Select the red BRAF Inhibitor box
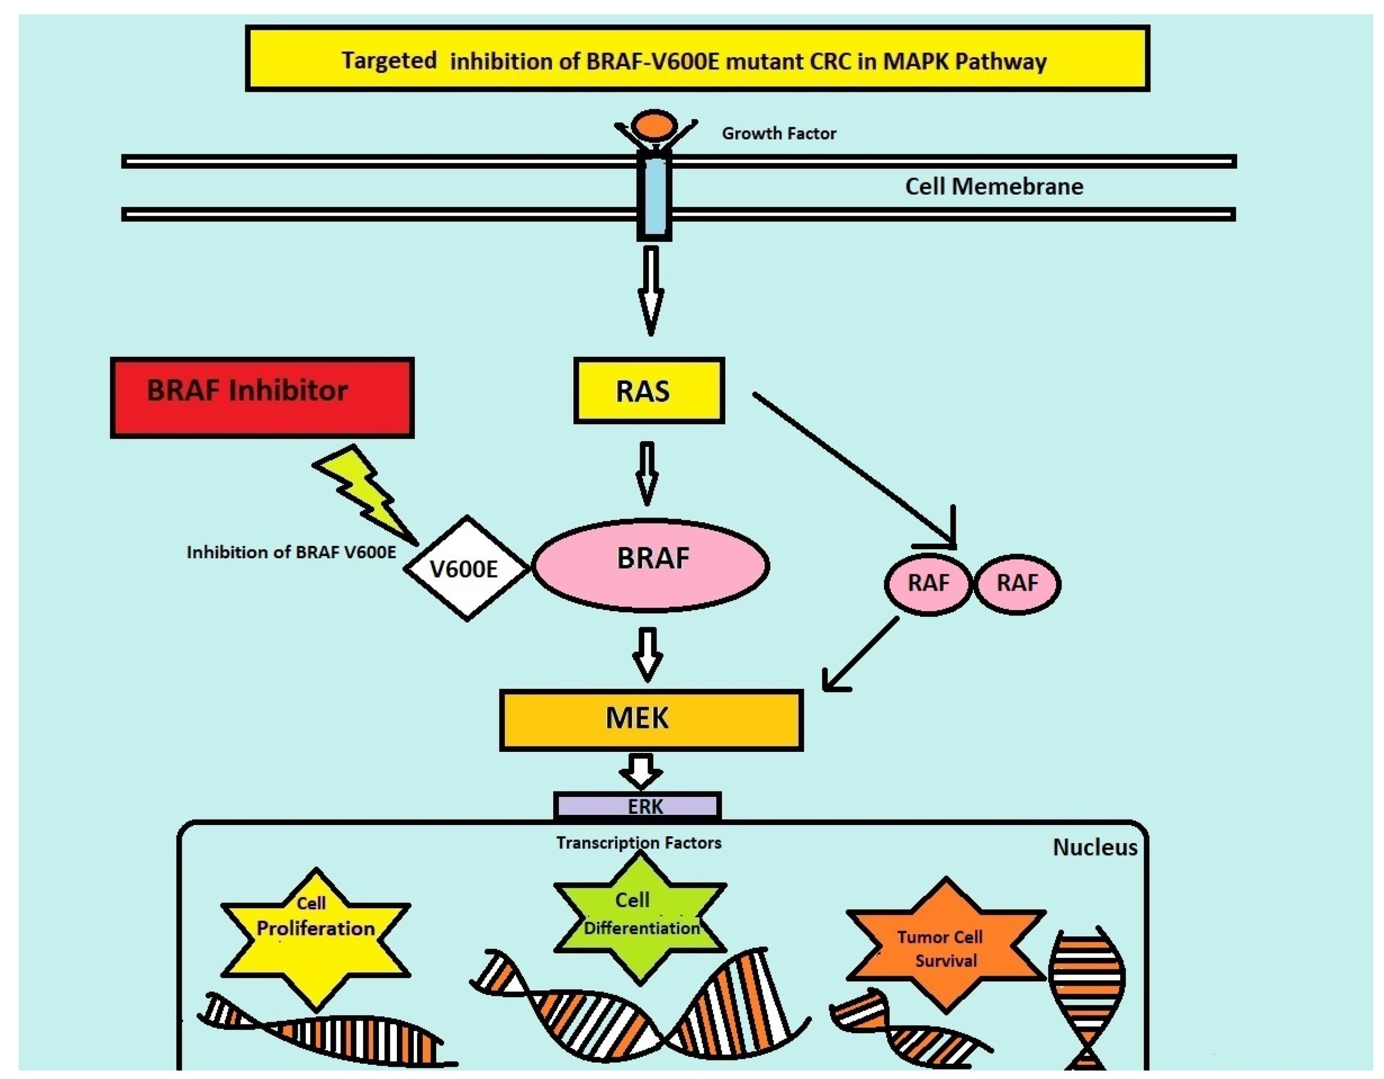pyautogui.click(x=262, y=398)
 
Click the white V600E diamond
pyautogui.click(x=466, y=568)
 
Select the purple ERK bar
pyautogui.click(x=637, y=806)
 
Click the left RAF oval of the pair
pyautogui.click(x=928, y=583)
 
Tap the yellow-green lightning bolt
pyautogui.click(x=368, y=495)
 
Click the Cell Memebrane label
pyautogui.click(x=993, y=187)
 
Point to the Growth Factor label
pyautogui.click(x=778, y=134)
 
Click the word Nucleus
pyautogui.click(x=1094, y=848)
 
